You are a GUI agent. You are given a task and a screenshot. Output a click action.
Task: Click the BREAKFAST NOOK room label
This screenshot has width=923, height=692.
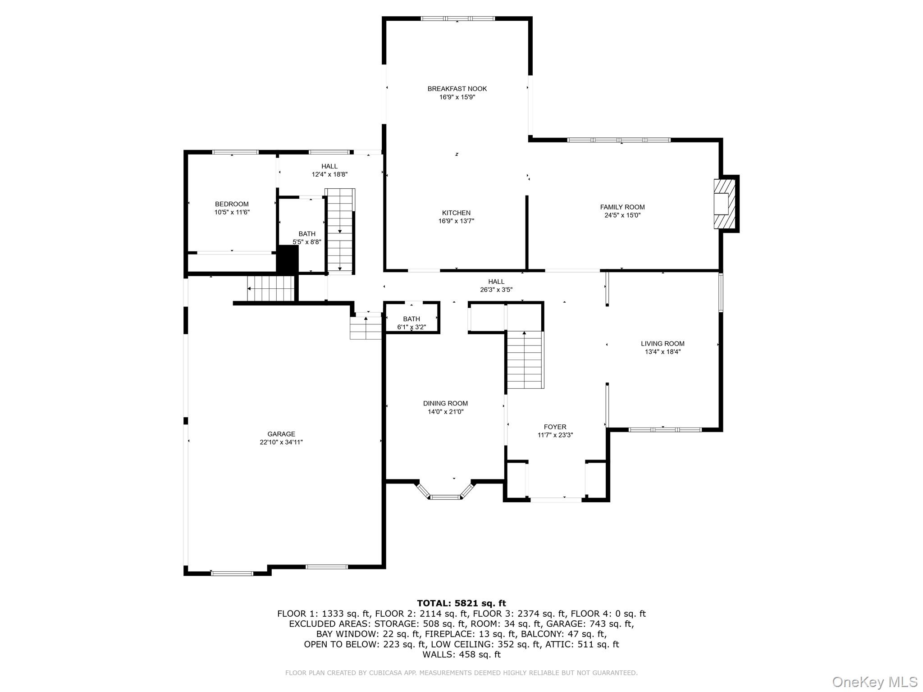[457, 89]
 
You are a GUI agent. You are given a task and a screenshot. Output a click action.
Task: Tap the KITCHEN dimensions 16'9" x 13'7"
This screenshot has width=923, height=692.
[456, 221]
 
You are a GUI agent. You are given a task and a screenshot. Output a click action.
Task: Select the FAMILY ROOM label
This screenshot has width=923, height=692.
[622, 207]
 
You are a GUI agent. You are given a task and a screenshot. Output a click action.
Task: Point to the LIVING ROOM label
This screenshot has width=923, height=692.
[663, 344]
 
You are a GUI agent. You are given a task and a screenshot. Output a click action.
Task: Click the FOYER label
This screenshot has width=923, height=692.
[555, 427]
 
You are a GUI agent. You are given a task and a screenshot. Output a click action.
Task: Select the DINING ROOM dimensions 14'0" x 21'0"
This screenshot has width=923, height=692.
[445, 412]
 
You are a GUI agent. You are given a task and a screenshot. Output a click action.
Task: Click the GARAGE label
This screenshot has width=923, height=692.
[281, 434]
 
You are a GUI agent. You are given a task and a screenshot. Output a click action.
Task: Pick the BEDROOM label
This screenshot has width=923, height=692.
[232, 204]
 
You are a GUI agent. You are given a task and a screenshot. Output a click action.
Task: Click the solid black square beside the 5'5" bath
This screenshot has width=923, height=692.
[288, 259]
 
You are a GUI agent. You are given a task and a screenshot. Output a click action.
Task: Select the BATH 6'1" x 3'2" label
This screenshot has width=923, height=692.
[411, 319]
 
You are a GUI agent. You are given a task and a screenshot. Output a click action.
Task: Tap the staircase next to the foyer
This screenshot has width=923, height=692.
[525, 360]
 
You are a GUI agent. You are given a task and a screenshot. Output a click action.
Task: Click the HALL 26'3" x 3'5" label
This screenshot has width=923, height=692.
[496, 282]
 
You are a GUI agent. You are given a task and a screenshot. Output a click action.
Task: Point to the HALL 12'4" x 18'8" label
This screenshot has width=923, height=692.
[329, 167]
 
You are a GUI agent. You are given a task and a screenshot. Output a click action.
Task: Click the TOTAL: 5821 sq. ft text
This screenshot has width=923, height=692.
[461, 603]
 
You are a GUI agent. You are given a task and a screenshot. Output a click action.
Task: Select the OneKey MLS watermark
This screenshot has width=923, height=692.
[874, 682]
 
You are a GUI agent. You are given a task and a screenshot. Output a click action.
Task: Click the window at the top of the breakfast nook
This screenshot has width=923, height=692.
[457, 18]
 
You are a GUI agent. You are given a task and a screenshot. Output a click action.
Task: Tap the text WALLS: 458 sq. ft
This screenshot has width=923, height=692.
[461, 655]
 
